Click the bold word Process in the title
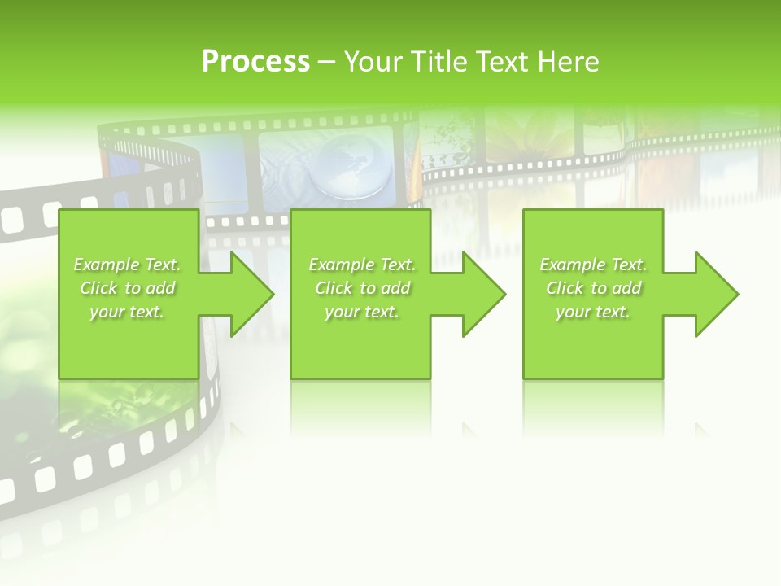click(x=255, y=62)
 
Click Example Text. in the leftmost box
click(x=128, y=265)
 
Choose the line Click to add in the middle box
click(x=362, y=288)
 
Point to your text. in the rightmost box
click(x=593, y=312)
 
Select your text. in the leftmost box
click(x=127, y=312)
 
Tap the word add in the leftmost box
click(x=161, y=288)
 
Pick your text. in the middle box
click(x=362, y=312)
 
